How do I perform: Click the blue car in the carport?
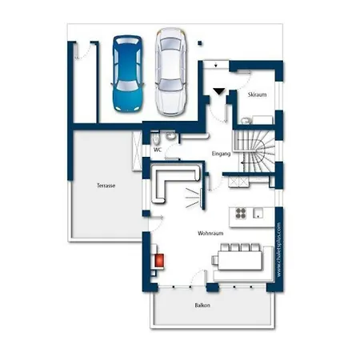[x=127, y=74]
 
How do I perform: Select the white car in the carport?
[x=171, y=72]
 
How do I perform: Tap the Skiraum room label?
[x=257, y=94]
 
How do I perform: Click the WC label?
[x=158, y=150]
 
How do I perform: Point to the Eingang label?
[x=221, y=154]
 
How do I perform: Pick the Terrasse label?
[x=106, y=186]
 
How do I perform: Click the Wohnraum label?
[x=210, y=234]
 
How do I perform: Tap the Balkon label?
[x=202, y=306]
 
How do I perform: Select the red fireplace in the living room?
[x=159, y=260]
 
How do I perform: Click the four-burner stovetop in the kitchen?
[x=241, y=214]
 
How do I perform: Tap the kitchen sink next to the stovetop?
[x=258, y=214]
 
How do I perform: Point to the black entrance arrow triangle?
[x=219, y=91]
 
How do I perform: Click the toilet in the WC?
[x=156, y=138]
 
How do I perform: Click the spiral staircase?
[x=254, y=151]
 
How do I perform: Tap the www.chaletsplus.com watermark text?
[x=279, y=250]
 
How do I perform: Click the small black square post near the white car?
[x=200, y=43]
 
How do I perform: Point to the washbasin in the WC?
[x=170, y=136]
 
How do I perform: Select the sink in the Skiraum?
[x=246, y=121]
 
